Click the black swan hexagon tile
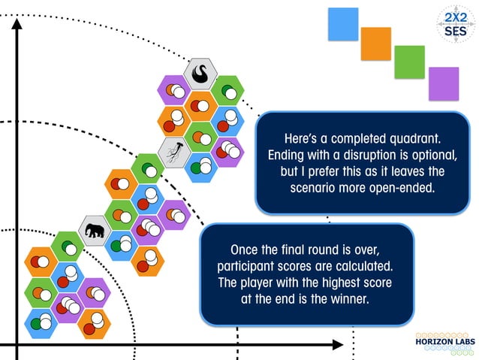point(200,74)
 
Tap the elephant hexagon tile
point(95,231)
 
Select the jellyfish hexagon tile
point(175,153)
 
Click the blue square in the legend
point(343,24)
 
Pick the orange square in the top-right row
point(376,44)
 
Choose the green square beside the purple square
point(410,62)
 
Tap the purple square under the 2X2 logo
point(444,84)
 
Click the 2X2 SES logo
point(456,24)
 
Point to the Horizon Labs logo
point(445,343)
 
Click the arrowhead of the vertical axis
point(17,24)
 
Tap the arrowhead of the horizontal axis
point(338,345)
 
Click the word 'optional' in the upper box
point(435,155)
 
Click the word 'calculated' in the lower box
point(364,266)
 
